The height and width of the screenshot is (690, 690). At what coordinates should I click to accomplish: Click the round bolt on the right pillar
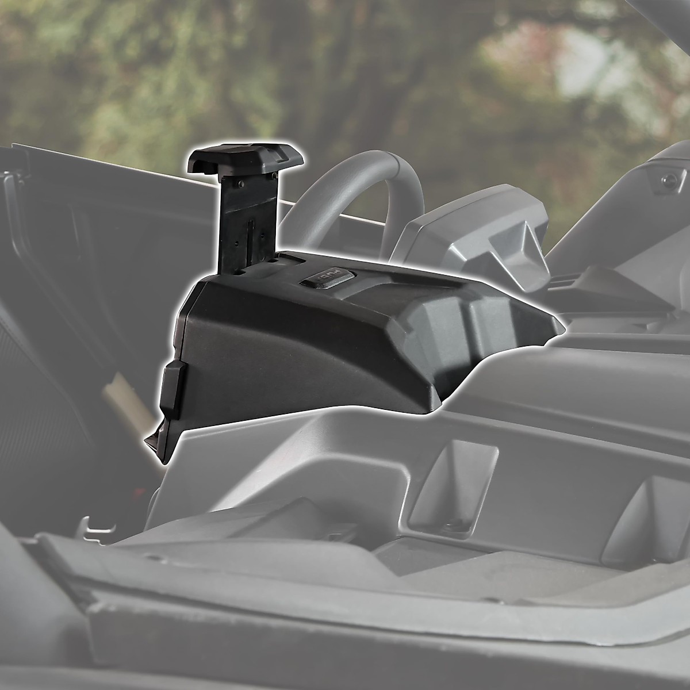coord(668,180)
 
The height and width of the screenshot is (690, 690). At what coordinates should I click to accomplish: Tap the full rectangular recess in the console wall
coord(454,483)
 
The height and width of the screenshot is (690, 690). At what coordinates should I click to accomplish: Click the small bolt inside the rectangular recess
coord(454,522)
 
